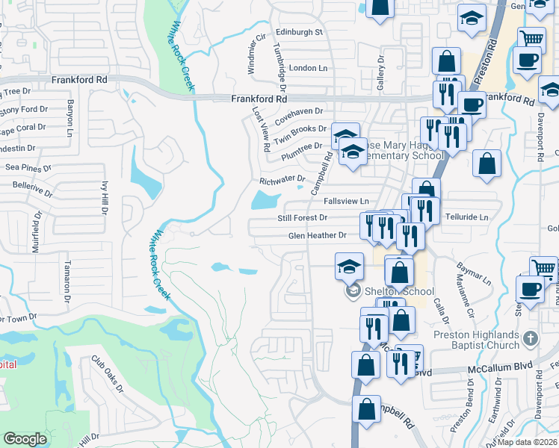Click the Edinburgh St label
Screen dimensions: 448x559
click(x=299, y=33)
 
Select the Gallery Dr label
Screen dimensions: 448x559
click(x=380, y=73)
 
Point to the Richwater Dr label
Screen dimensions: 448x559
click(x=282, y=179)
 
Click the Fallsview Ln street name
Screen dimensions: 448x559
click(x=346, y=202)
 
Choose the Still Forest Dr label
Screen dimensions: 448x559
click(x=303, y=217)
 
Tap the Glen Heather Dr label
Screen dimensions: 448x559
click(x=318, y=235)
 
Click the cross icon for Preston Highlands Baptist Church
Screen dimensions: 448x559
click(x=531, y=337)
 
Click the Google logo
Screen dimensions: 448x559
click(x=25, y=438)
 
